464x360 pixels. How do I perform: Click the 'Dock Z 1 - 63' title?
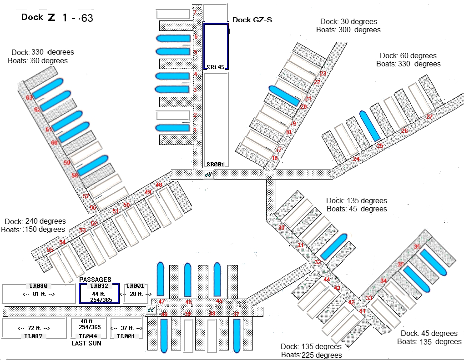(57, 18)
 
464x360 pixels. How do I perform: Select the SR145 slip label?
(216, 67)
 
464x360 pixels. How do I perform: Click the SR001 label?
(216, 164)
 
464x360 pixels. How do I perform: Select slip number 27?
(429, 117)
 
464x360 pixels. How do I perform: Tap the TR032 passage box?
(100, 294)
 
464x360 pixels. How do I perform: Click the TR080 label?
(39, 286)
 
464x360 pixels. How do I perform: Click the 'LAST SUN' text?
(86, 343)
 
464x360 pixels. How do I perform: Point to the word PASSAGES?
(96, 280)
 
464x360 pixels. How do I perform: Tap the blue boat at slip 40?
(164, 335)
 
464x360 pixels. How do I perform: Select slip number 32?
(318, 262)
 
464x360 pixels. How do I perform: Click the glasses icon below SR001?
(209, 174)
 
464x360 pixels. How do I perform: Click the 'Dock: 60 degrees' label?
(408, 56)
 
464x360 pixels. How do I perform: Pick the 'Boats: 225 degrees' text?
(311, 355)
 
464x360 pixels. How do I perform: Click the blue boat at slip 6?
(173, 38)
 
